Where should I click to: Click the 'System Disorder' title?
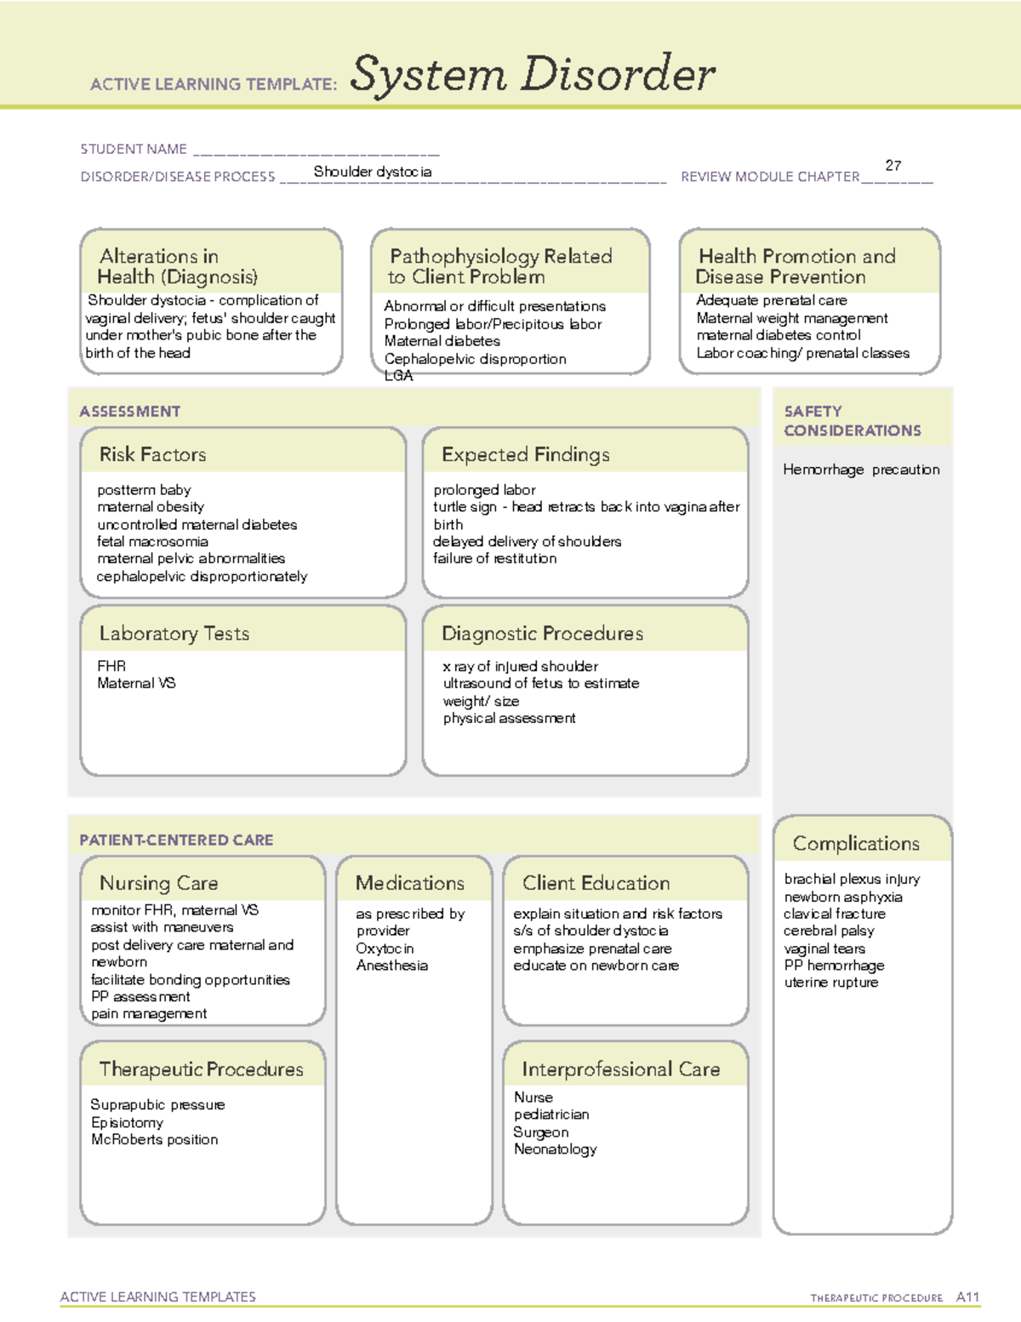tap(532, 74)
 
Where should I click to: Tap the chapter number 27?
tap(893, 166)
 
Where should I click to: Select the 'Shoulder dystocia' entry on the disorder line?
tap(373, 172)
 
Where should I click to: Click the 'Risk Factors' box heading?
tap(153, 454)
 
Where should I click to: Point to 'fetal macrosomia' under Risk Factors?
tap(152, 541)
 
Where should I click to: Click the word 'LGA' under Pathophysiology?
tap(398, 376)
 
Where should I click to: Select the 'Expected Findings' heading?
tap(526, 454)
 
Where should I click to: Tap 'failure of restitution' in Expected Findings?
tap(494, 558)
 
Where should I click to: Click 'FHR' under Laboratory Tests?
tap(111, 666)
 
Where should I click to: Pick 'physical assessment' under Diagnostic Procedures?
tap(509, 718)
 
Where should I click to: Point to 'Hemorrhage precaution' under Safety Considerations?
tap(861, 470)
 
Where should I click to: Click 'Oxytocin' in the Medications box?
tap(385, 948)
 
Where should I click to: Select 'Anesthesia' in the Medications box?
tap(392, 966)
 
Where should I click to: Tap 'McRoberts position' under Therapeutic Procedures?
tap(155, 1139)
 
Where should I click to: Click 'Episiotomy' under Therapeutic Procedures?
tap(128, 1122)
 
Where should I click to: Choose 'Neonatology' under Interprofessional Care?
tap(556, 1149)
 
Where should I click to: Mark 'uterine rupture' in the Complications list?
tap(831, 983)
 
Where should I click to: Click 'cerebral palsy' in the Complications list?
tap(829, 931)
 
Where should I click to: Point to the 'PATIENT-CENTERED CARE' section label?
tap(176, 840)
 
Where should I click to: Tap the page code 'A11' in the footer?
tap(967, 1296)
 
